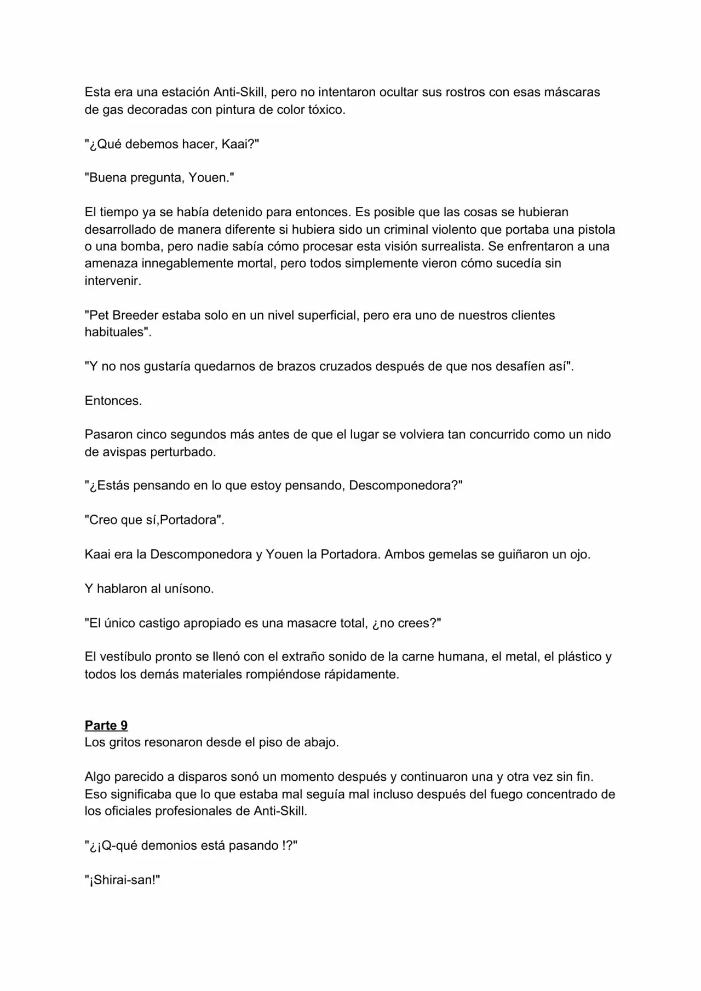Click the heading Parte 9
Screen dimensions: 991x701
point(106,725)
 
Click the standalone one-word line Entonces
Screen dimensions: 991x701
point(112,401)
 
